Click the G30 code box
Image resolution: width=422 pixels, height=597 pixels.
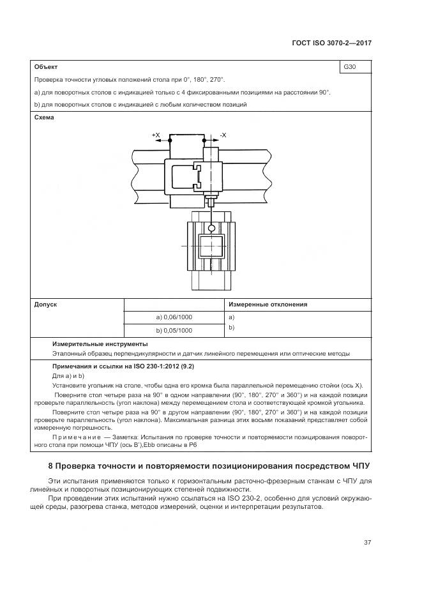(355, 66)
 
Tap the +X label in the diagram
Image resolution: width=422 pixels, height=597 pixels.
(156, 135)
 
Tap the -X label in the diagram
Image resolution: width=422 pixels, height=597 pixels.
(223, 135)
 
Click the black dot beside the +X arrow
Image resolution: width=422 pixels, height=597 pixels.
(170, 139)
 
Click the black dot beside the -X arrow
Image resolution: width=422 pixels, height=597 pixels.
(204, 139)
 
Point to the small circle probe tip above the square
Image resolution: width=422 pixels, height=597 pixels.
(211, 226)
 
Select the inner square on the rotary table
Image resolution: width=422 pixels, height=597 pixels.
(211, 246)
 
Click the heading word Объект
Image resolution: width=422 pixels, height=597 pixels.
(46, 66)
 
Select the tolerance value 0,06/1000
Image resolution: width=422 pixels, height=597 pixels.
(174, 317)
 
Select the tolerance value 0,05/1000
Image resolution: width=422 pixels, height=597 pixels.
(174, 331)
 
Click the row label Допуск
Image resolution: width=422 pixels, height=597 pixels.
(45, 305)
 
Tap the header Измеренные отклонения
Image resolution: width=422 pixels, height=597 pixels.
(268, 305)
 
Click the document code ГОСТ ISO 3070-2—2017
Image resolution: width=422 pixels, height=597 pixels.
(331, 43)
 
